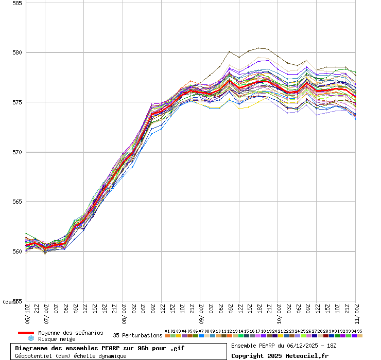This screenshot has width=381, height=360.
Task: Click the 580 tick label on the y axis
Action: [x=17, y=52]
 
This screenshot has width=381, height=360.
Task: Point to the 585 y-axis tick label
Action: [x=17, y=3]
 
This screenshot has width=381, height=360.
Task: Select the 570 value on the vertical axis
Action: [x=17, y=152]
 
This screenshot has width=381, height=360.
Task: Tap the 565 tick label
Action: [x=17, y=202]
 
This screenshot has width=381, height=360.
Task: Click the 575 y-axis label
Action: [x=17, y=102]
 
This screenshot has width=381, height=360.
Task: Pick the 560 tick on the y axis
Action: [x=17, y=251]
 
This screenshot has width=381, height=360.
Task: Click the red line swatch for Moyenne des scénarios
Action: [x=26, y=333]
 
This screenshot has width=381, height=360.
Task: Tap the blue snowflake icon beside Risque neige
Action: [x=31, y=339]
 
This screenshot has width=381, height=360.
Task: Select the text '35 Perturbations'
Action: [x=137, y=336]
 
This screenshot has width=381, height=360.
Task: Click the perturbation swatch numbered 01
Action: [x=167, y=336]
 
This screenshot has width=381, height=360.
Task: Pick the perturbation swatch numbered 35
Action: [x=360, y=336]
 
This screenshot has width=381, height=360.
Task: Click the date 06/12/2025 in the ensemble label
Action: [x=296, y=345]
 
